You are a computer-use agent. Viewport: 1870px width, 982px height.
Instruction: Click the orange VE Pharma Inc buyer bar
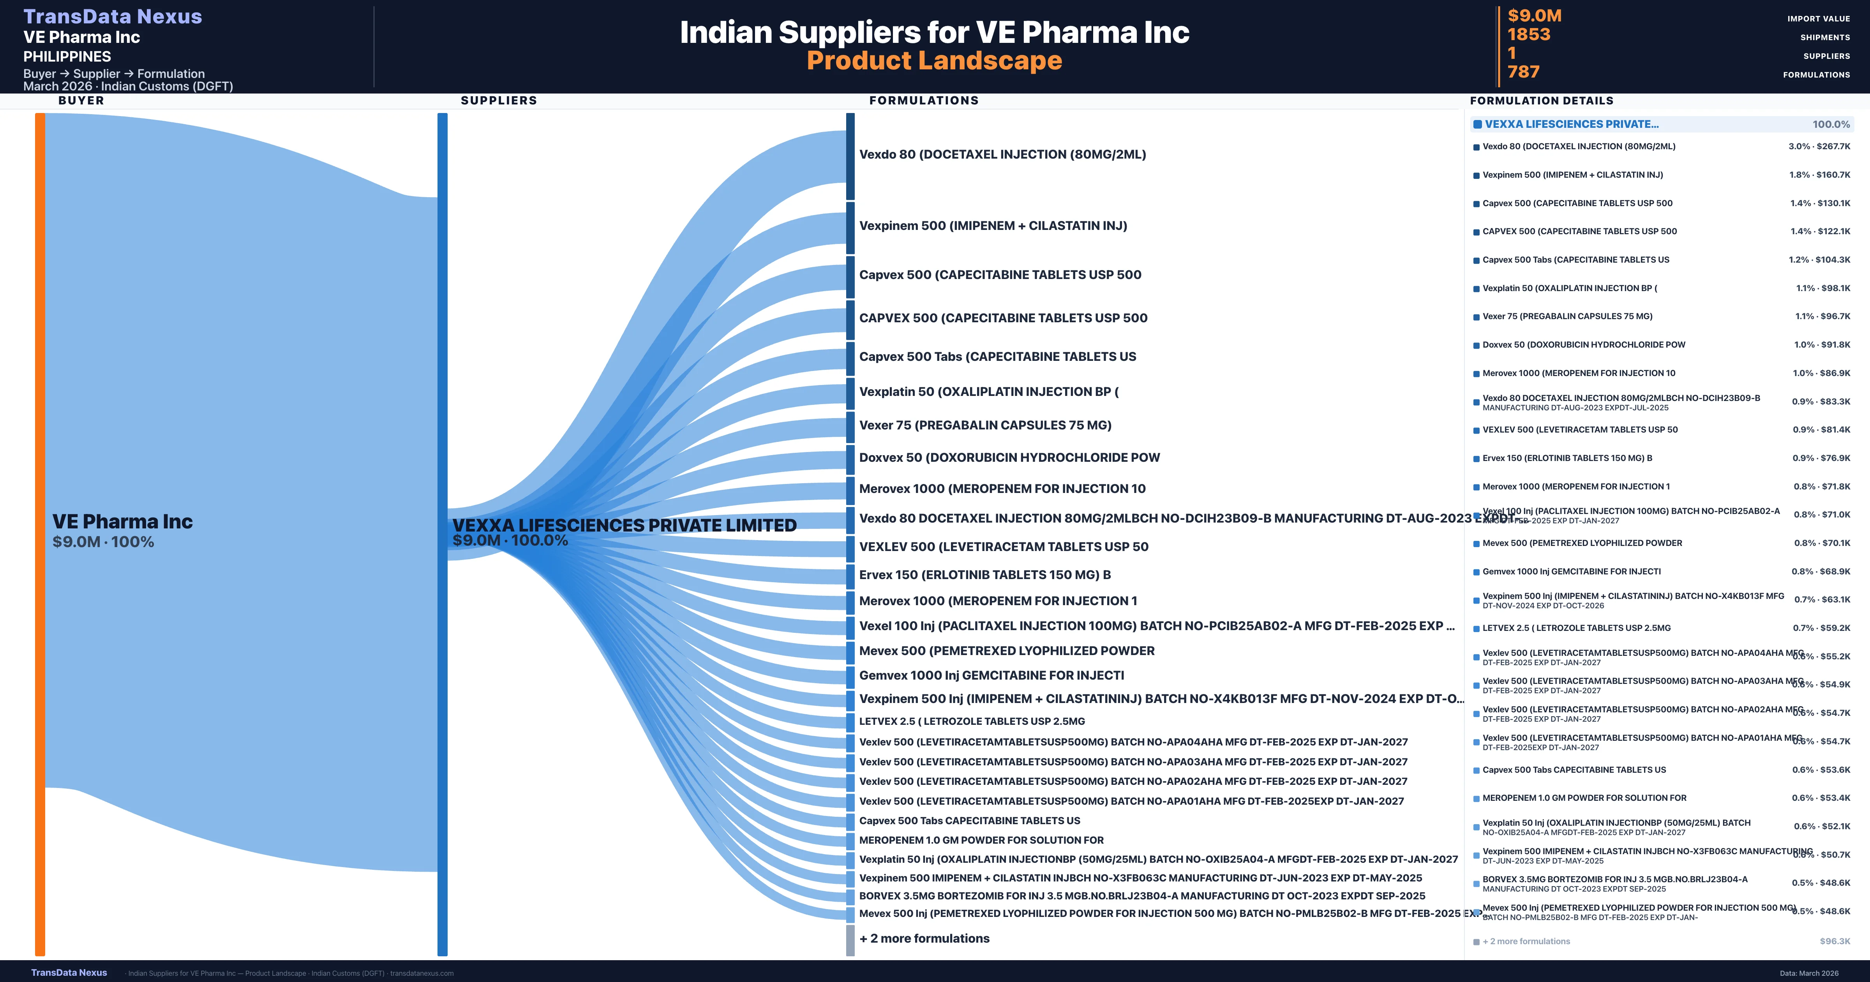pyautogui.click(x=40, y=534)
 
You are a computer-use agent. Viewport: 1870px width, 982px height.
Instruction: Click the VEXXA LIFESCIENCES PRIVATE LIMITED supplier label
pyautogui.click(x=624, y=525)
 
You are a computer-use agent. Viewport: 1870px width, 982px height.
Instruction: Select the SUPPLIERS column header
pyautogui.click(x=499, y=100)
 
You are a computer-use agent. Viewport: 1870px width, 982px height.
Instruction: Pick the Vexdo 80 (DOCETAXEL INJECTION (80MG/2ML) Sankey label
pyautogui.click(x=1002, y=154)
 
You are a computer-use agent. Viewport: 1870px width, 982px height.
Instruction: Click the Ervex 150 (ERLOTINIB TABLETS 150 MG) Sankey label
pyautogui.click(x=984, y=574)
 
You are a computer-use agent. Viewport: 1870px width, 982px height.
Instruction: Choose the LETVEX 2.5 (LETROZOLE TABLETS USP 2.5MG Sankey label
pyautogui.click(x=971, y=721)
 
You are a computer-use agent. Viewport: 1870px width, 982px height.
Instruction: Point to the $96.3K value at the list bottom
pyautogui.click(x=1835, y=941)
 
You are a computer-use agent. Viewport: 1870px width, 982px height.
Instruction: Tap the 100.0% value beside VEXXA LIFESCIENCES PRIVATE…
pyautogui.click(x=1831, y=124)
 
